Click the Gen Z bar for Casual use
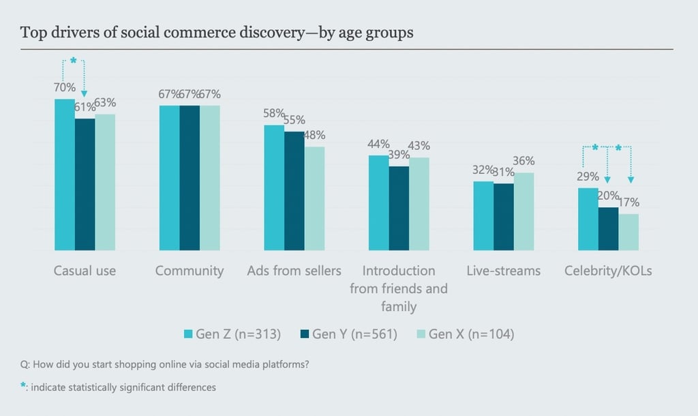(65, 175)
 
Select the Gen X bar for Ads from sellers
(315, 198)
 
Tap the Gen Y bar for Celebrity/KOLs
(609, 228)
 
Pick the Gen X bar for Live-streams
(524, 211)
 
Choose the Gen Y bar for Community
(190, 178)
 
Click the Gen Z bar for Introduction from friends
(379, 203)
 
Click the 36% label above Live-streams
(525, 162)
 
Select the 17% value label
(629, 203)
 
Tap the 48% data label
(315, 135)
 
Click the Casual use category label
(85, 271)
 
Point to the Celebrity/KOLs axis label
(608, 271)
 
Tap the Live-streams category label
(504, 271)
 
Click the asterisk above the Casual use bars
(74, 61)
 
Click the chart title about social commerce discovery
(217, 33)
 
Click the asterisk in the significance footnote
(23, 386)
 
